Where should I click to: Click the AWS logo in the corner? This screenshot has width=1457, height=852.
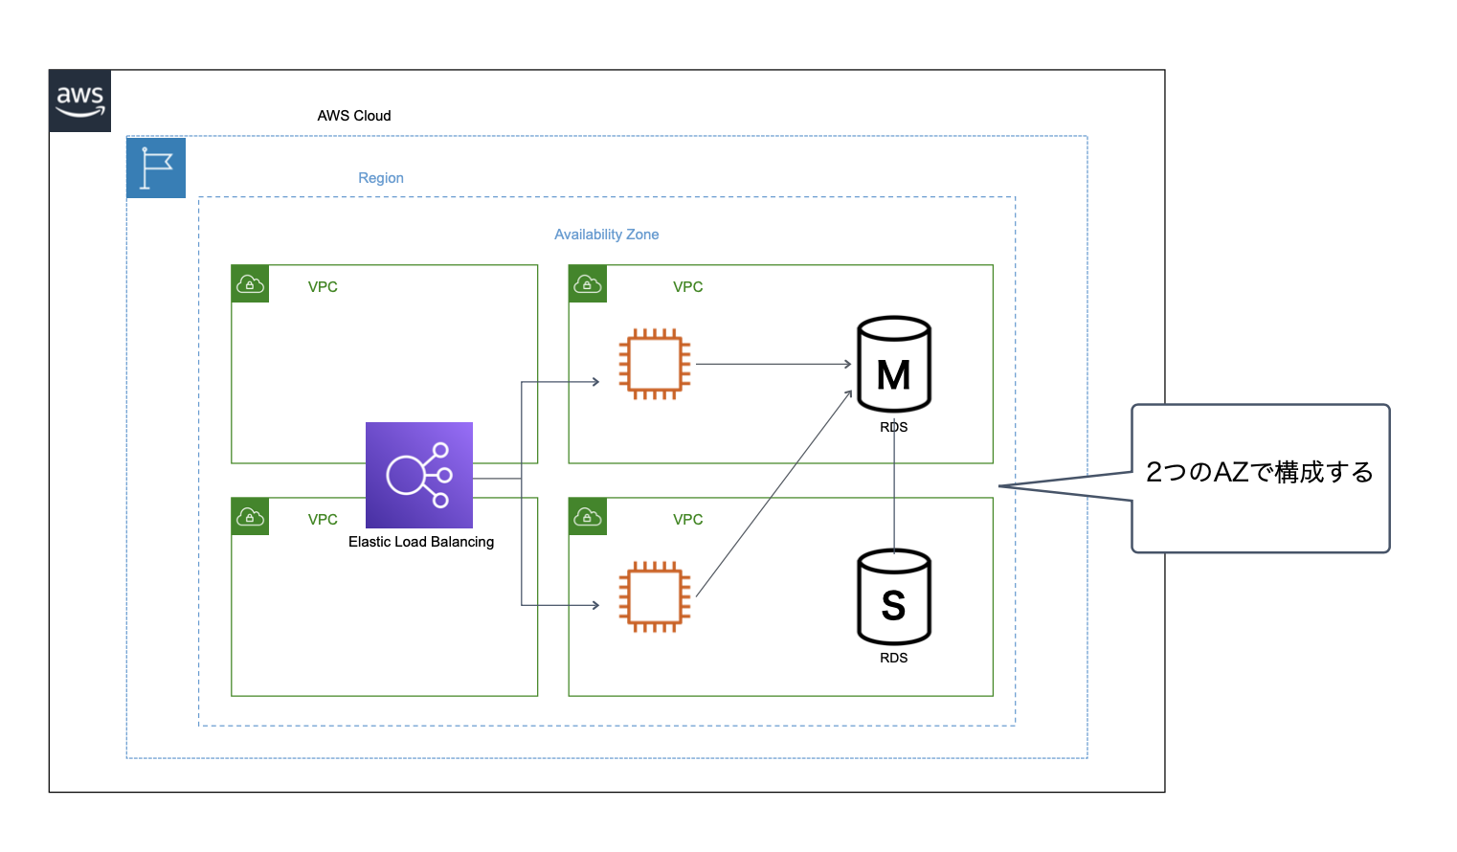[x=79, y=101]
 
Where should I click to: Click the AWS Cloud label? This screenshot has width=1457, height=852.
[x=354, y=116]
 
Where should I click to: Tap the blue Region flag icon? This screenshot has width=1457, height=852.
[x=156, y=168]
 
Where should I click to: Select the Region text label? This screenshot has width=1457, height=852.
[x=381, y=178]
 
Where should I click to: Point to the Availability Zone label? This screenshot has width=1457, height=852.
[x=606, y=235]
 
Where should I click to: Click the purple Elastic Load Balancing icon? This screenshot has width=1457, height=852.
[x=419, y=475]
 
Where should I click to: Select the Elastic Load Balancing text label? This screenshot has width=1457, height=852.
[x=421, y=542]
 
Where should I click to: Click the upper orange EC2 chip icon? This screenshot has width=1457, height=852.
[x=655, y=364]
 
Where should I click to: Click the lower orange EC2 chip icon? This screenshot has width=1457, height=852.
[x=655, y=596]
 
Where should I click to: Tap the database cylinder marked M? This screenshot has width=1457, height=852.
[x=894, y=365]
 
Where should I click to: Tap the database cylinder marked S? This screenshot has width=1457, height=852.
[x=894, y=596]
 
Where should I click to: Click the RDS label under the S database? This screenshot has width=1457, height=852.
[x=894, y=658]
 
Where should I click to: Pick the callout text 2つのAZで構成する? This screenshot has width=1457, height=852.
[x=1260, y=472]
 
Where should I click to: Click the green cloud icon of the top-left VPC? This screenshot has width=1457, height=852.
[x=250, y=284]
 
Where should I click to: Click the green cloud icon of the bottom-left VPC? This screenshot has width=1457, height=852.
[x=250, y=517]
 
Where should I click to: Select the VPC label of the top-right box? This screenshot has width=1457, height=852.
[x=687, y=287]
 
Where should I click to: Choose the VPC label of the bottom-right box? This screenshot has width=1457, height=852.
[x=687, y=520]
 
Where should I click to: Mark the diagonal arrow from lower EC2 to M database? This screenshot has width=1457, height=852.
[x=773, y=494]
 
